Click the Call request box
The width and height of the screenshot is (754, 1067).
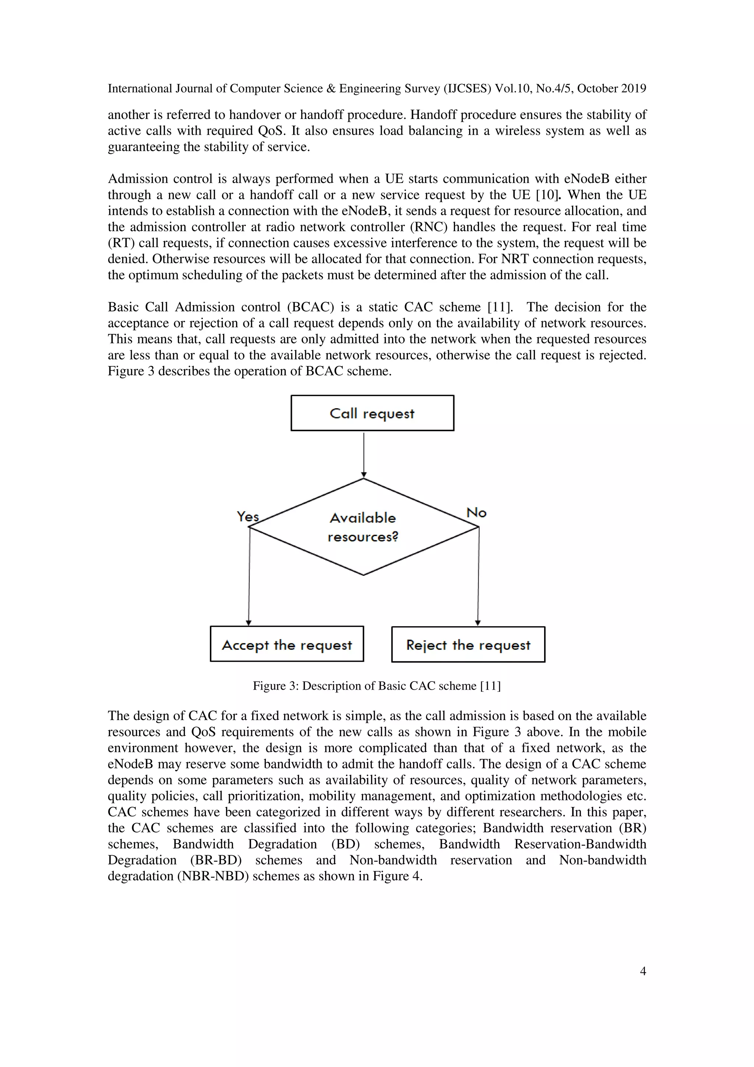pos(372,413)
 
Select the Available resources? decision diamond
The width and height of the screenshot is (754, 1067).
pos(363,527)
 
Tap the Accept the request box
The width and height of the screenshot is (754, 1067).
pos(287,644)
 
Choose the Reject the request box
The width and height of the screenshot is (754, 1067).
pos(468,644)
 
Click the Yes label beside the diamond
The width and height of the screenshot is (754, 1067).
pos(248,516)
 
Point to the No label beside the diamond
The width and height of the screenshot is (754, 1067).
pos(476,513)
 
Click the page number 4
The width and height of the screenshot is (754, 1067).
pos(643,971)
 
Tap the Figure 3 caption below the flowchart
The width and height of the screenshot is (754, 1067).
pos(377,686)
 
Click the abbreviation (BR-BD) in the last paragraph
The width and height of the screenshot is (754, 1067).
pos(216,860)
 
